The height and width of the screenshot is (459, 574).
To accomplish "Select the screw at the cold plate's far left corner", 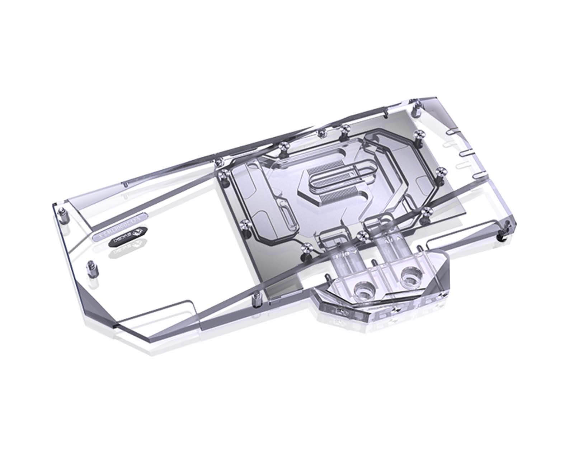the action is tap(222, 175).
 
